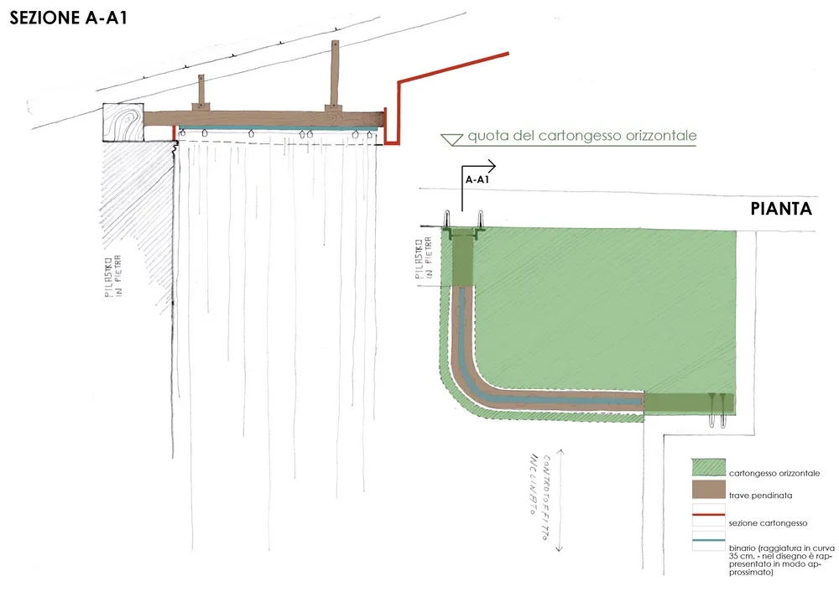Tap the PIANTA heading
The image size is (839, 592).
point(781,210)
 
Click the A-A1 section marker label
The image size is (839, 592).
point(477,179)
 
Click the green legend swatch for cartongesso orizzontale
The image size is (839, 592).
point(707,468)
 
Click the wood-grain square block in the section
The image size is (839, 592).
point(124,123)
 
